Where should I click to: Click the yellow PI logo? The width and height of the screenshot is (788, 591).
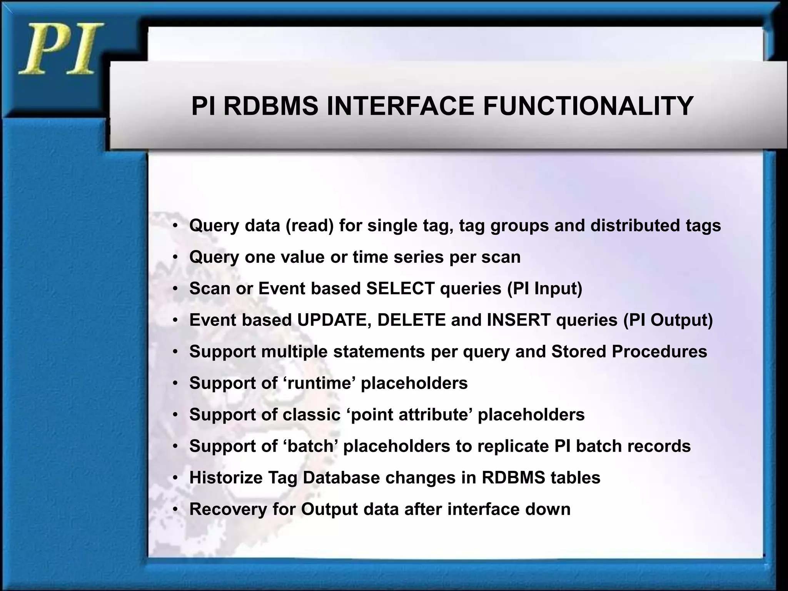tap(61, 49)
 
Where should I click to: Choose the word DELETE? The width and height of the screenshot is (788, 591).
tap(411, 320)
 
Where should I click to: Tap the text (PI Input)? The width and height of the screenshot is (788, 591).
tap(544, 289)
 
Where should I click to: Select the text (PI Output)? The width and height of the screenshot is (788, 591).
tap(668, 320)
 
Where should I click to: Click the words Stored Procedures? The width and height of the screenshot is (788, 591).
tap(629, 352)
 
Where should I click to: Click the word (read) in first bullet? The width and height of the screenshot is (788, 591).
tap(309, 225)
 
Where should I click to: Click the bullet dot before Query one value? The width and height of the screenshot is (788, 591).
tap(175, 257)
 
